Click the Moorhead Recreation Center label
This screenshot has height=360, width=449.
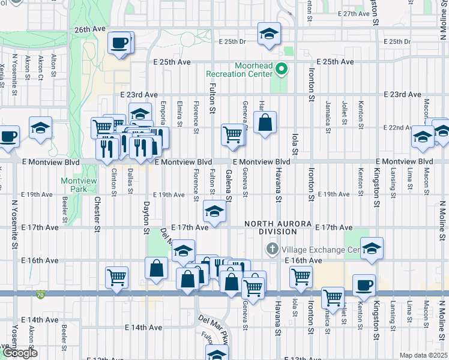pyautogui.click(x=239, y=69)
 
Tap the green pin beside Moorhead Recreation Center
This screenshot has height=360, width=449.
pyautogui.click(x=282, y=70)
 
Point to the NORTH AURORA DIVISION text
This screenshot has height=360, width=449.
pyautogui.click(x=270, y=227)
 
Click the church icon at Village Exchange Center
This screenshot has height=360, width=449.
pyautogui.click(x=271, y=249)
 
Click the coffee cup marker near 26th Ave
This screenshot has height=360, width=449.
pyautogui.click(x=119, y=43)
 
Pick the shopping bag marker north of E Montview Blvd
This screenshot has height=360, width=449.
pyautogui.click(x=265, y=123)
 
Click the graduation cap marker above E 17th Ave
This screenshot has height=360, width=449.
pyautogui.click(x=214, y=211)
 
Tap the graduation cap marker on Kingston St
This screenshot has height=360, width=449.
pyautogui.click(x=372, y=248)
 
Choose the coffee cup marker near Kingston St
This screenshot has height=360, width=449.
pyautogui.click(x=364, y=285)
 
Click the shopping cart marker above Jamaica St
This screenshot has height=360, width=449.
pyautogui.click(x=332, y=297)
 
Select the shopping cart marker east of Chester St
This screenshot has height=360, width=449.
pyautogui.click(x=116, y=277)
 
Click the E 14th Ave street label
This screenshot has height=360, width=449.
pyautogui.click(x=143, y=328)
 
